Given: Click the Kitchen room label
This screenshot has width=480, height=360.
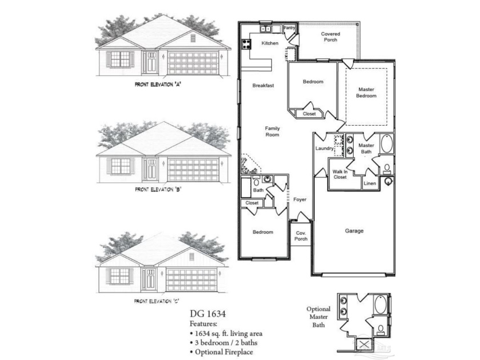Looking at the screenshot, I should coord(270,43).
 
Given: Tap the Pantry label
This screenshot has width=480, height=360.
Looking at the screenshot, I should coord(289,27).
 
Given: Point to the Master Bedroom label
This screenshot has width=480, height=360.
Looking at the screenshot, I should coord(366,93).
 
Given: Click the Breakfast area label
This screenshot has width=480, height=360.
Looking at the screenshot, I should coord(263,86).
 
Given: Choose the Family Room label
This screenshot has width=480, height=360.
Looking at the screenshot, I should coord(272,132).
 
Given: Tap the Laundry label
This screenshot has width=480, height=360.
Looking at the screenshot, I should coord(324,149).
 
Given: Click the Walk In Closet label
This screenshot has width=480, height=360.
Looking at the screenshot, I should coord(340,174).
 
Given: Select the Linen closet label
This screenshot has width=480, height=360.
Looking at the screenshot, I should coord(370,183).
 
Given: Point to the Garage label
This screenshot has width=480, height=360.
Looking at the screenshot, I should coord(354,231).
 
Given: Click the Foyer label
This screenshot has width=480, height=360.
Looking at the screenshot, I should coord(300,200).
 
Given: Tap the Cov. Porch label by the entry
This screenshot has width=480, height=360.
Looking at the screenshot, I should coord(301,236).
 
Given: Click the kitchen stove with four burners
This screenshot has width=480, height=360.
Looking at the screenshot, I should coord(247,43).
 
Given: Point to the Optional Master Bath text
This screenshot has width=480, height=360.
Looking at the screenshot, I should coord(318,317).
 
